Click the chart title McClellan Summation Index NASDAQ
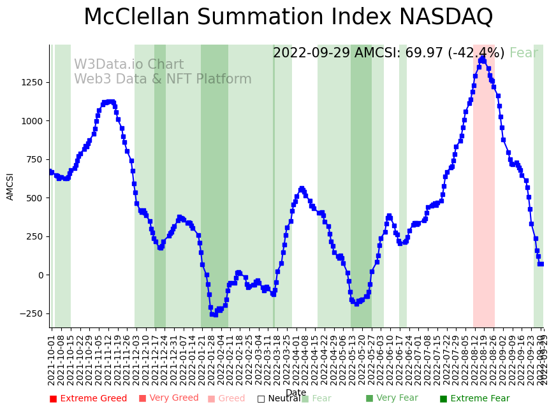click(x=288, y=17)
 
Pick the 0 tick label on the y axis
click(x=40, y=275)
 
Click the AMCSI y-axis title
click(x=10, y=186)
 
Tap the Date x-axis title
click(x=296, y=392)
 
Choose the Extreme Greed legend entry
click(x=88, y=399)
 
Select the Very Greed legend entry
click(x=169, y=398)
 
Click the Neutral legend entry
click(x=279, y=399)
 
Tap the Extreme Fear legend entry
click(x=474, y=399)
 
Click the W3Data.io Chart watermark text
click(x=129, y=65)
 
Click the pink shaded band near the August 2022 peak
click(x=484, y=191)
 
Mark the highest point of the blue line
click(x=483, y=58)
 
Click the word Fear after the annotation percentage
click(x=523, y=54)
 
